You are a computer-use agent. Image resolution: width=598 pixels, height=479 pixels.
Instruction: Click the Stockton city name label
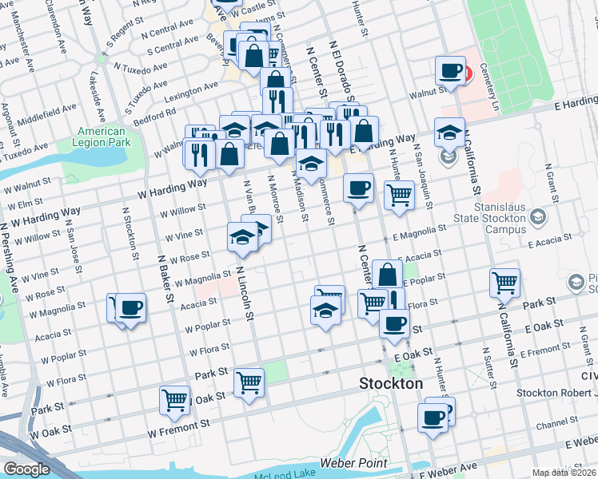pos(391,383)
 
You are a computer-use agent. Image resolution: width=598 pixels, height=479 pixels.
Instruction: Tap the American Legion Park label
pos(102,137)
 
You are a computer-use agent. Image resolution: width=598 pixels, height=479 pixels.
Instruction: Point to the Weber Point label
pos(353,463)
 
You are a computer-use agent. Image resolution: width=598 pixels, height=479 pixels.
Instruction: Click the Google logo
pos(26,469)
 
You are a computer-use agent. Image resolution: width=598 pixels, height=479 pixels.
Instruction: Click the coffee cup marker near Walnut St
pos(452,70)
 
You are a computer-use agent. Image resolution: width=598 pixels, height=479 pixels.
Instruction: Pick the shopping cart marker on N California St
pos(504,282)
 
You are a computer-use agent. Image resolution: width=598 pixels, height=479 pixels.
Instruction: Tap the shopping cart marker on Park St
pos(249,382)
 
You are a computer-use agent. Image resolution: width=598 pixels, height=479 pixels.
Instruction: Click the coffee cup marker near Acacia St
pos(130,308)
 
